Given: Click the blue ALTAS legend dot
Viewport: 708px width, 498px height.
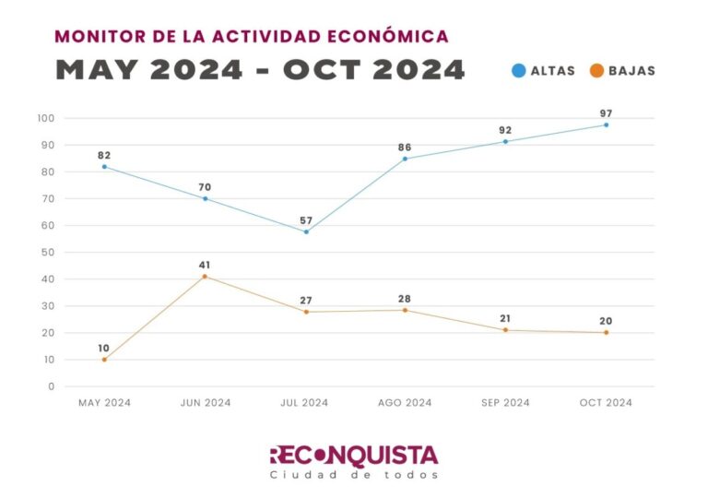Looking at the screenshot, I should tap(519, 70).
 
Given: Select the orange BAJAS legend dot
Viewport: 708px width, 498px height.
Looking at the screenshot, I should tap(597, 70).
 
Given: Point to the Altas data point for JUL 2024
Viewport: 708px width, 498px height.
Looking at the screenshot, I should tap(306, 231).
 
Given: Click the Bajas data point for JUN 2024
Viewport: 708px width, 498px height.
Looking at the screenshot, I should tap(205, 277).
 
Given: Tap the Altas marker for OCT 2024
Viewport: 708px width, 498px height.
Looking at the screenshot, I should tap(606, 125).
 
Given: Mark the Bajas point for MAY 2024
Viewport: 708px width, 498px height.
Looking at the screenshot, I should tap(104, 360).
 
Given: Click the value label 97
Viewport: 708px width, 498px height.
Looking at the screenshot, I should tap(606, 113).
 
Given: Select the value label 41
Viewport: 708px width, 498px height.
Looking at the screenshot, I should tap(205, 266).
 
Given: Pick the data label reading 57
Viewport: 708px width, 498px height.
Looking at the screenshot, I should tap(306, 220).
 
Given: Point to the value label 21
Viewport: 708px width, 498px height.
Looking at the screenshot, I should tap(505, 319).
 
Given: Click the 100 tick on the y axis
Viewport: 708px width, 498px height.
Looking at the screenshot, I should tap(45, 118).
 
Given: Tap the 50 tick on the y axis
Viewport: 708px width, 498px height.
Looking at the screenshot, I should tap(48, 252).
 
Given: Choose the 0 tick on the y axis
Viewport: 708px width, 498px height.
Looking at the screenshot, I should tap(52, 386).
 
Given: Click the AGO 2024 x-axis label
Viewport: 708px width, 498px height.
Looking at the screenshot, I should tap(405, 403).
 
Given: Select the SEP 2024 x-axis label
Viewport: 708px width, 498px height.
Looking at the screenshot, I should tap(505, 403).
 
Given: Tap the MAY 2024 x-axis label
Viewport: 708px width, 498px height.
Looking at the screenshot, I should tap(104, 403).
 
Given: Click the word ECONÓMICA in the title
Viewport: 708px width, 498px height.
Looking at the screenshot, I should tap(395, 37).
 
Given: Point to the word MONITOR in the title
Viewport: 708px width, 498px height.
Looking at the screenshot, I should tap(94, 37).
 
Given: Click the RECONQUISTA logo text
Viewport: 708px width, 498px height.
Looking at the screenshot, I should tap(354, 455).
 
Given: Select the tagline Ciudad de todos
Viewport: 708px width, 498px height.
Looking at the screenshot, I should tap(354, 475).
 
